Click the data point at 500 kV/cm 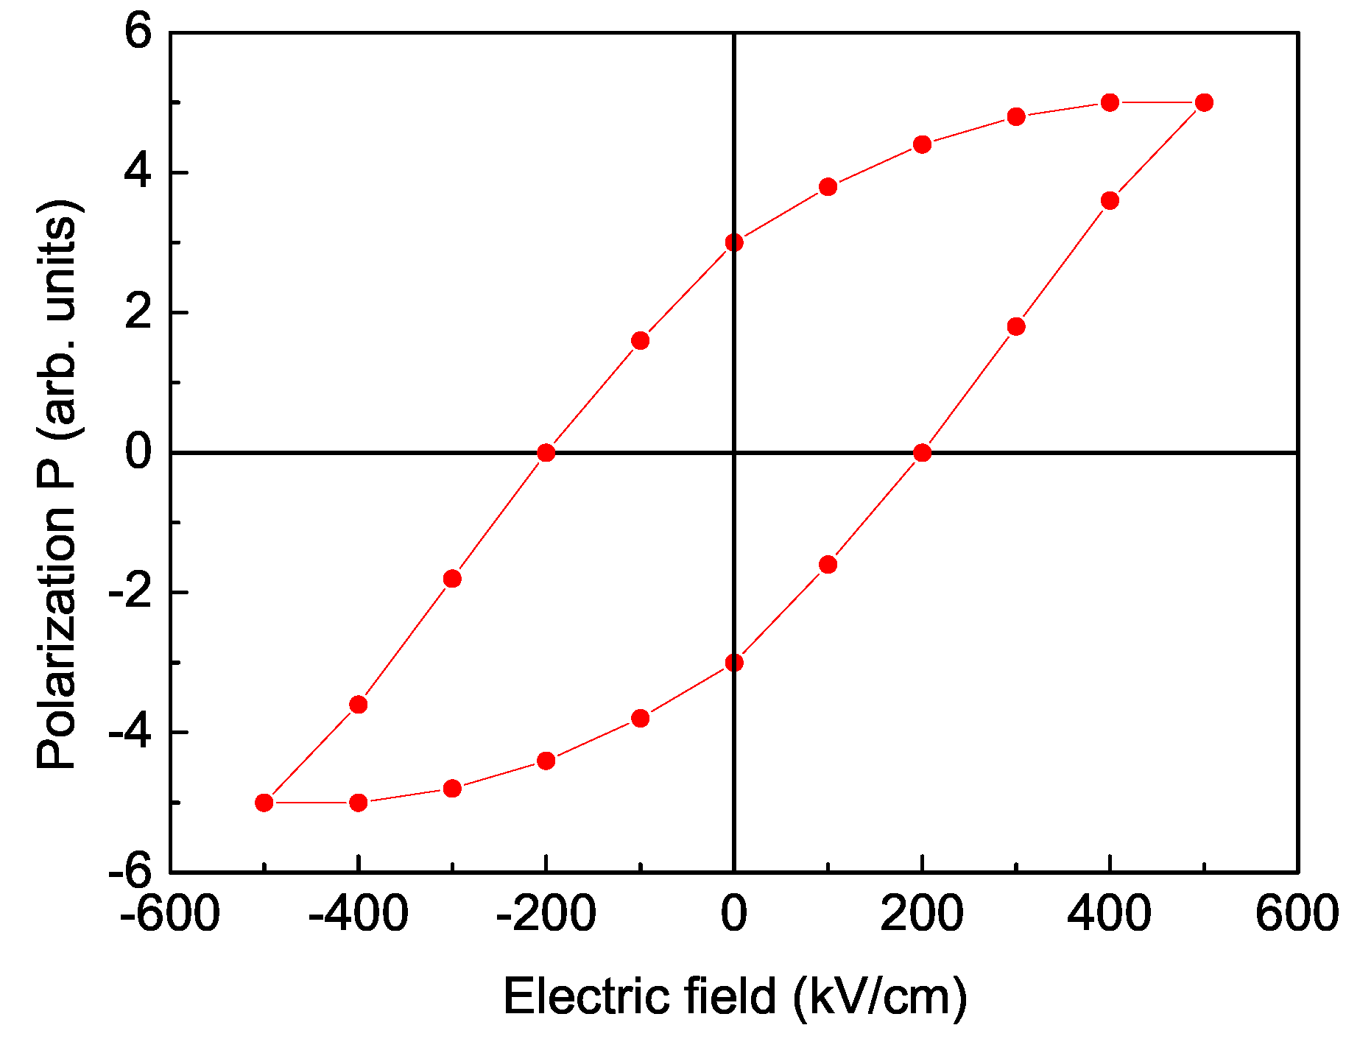click(x=1204, y=102)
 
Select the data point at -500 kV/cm click(x=264, y=803)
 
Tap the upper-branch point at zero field click(x=734, y=242)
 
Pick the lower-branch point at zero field click(x=734, y=663)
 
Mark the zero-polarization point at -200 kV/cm click(x=546, y=453)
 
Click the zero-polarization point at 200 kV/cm click(x=922, y=453)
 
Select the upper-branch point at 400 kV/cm click(x=1110, y=102)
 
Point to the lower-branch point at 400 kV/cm click(x=1110, y=200)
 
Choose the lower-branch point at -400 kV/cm click(x=359, y=803)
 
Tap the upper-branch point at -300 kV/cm click(x=452, y=579)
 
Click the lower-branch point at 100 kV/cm click(x=828, y=565)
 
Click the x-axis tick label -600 click(x=170, y=914)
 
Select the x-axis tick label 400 click(x=1109, y=914)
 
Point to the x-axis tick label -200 click(x=546, y=914)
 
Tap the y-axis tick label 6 click(x=138, y=33)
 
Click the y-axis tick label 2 click(x=138, y=313)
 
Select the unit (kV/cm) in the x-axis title click(x=880, y=996)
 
